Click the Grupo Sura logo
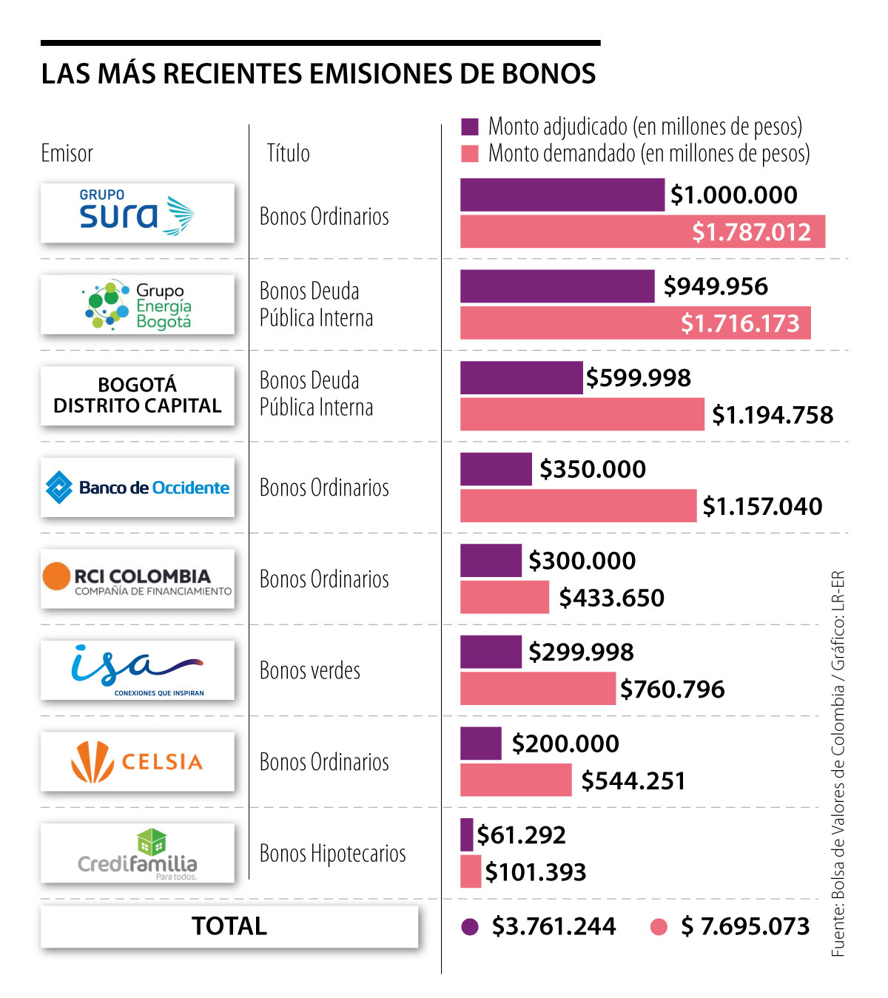tap(137, 213)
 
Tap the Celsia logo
tap(137, 761)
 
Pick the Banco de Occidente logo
tap(137, 487)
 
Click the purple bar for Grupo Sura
tap(562, 195)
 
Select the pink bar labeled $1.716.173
tap(635, 323)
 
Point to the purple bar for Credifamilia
tap(466, 835)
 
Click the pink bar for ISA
tap(537, 688)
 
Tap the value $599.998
tap(638, 377)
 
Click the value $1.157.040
tap(762, 506)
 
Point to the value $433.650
tap(611, 598)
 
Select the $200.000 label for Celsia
tap(565, 744)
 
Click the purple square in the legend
tap(470, 127)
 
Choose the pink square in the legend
tap(470, 153)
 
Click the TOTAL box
tap(229, 926)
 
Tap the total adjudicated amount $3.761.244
tap(554, 926)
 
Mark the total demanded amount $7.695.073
tap(745, 926)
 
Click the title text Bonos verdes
tap(310, 670)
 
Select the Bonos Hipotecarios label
tap(332, 853)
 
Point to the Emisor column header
tap(67, 153)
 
